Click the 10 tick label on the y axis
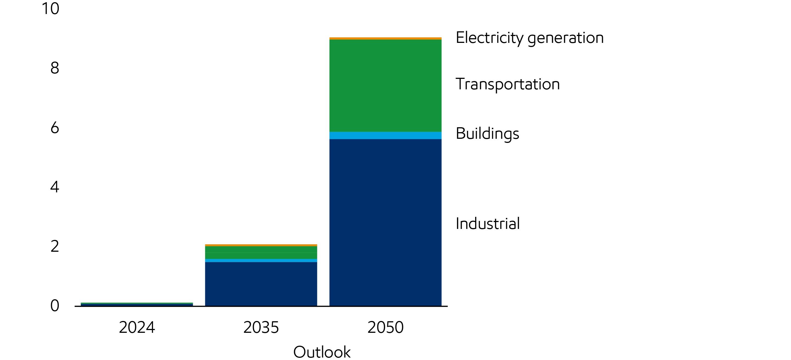(50, 9)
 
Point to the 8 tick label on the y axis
(55, 68)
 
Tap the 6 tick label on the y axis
(55, 128)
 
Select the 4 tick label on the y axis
(55, 187)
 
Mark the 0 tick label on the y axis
(55, 306)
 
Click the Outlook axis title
(322, 352)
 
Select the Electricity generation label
(529, 38)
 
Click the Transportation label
(507, 84)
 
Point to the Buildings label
(487, 134)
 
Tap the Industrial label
(487, 223)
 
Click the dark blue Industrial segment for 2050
(385, 223)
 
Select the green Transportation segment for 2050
(385, 85)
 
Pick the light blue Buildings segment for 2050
(385, 135)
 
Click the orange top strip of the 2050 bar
(385, 38)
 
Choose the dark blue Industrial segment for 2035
(261, 284)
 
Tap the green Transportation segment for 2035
(261, 253)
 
